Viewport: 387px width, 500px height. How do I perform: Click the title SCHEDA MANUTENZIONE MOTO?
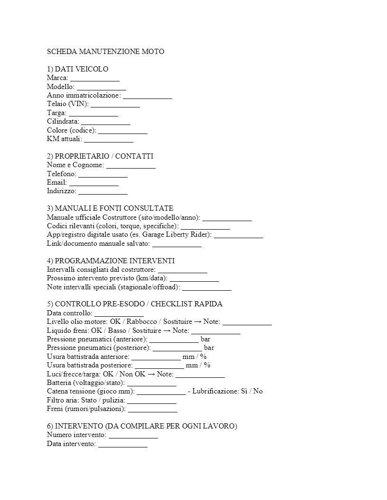(105, 52)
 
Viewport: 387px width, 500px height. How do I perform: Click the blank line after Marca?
(95, 78)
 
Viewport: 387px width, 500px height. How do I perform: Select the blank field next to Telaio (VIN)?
(115, 104)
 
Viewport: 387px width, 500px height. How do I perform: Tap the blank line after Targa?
(93, 113)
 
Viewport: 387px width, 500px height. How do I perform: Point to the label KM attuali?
(64, 139)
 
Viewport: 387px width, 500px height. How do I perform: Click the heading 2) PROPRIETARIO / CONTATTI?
(100, 156)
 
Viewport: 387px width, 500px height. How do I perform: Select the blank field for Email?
(93, 183)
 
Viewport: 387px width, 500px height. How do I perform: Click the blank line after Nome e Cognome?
(130, 165)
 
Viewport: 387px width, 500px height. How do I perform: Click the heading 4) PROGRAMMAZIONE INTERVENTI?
(111, 261)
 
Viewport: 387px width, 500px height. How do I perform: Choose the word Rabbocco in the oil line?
(141, 322)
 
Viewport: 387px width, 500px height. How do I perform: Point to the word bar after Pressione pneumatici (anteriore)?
(205, 339)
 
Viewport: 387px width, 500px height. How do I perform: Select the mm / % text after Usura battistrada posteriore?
(198, 366)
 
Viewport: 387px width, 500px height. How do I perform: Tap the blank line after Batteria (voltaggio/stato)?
(152, 383)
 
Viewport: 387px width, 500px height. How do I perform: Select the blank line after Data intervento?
(122, 444)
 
